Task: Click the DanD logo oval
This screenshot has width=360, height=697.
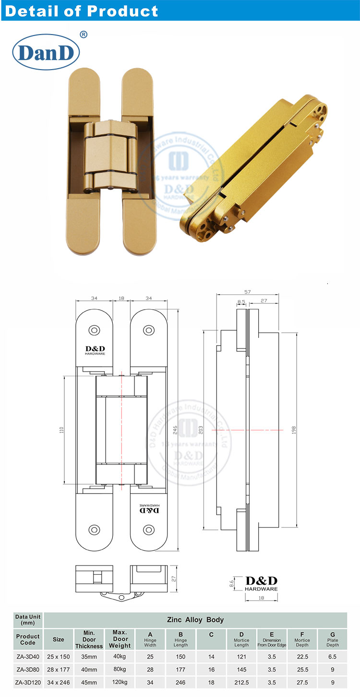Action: click(46, 53)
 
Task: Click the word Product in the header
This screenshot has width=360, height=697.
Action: click(122, 11)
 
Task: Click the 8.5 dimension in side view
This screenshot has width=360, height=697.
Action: click(241, 302)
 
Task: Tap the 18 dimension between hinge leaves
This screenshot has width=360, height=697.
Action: click(121, 298)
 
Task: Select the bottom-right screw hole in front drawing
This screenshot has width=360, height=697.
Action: click(149, 530)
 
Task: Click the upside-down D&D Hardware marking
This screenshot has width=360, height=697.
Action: click(149, 509)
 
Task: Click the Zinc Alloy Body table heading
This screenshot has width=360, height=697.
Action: click(195, 620)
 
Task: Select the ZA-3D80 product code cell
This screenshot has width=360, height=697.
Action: click(28, 669)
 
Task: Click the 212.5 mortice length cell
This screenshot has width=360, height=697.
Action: click(241, 682)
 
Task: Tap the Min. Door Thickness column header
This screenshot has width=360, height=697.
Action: click(89, 639)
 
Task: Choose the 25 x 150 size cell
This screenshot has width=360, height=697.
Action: click(59, 656)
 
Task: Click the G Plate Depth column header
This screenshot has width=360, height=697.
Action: click(332, 639)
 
